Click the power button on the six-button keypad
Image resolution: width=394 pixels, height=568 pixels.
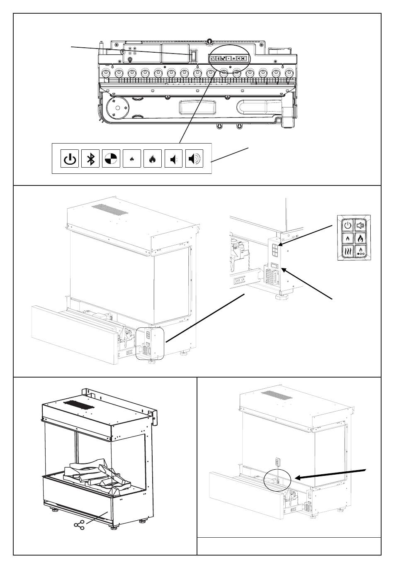(x=348, y=226)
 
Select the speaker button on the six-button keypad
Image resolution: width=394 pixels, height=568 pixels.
(x=360, y=226)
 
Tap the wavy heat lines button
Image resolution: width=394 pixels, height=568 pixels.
(x=348, y=251)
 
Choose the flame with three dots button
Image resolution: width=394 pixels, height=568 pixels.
(x=360, y=251)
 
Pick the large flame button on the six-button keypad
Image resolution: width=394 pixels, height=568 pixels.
(x=360, y=239)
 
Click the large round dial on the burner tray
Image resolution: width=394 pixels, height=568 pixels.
(x=118, y=108)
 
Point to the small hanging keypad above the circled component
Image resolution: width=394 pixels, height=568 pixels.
(x=278, y=462)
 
